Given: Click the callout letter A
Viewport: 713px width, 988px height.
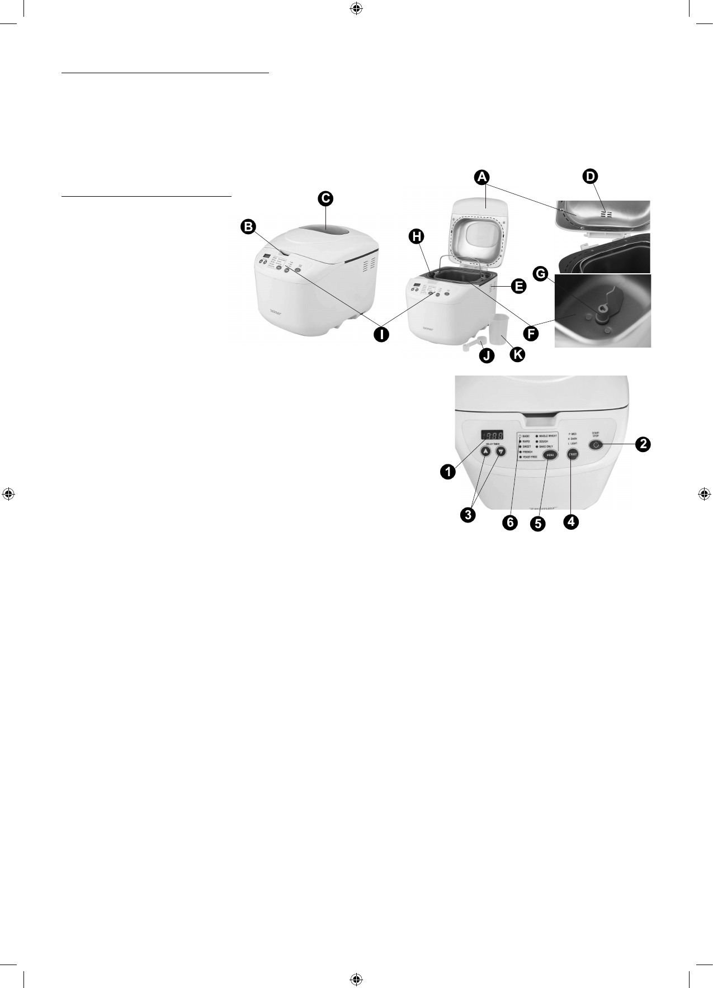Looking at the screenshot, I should click(481, 177).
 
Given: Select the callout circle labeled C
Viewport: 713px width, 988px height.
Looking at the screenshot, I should click(325, 198).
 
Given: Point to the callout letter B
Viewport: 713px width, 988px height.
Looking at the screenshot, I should click(248, 226).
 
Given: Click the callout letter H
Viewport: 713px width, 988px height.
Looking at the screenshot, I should click(415, 237).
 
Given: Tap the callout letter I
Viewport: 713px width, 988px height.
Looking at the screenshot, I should click(381, 335).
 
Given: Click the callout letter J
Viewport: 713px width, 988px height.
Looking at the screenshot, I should click(486, 355).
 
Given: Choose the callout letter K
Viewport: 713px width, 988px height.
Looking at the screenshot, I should click(517, 354).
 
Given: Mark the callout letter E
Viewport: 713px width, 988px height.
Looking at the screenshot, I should click(518, 287).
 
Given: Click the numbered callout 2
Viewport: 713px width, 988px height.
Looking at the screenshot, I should click(644, 444).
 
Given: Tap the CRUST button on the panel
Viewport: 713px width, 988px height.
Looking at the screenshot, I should click(572, 455).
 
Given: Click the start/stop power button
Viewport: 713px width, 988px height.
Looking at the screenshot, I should click(596, 445).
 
